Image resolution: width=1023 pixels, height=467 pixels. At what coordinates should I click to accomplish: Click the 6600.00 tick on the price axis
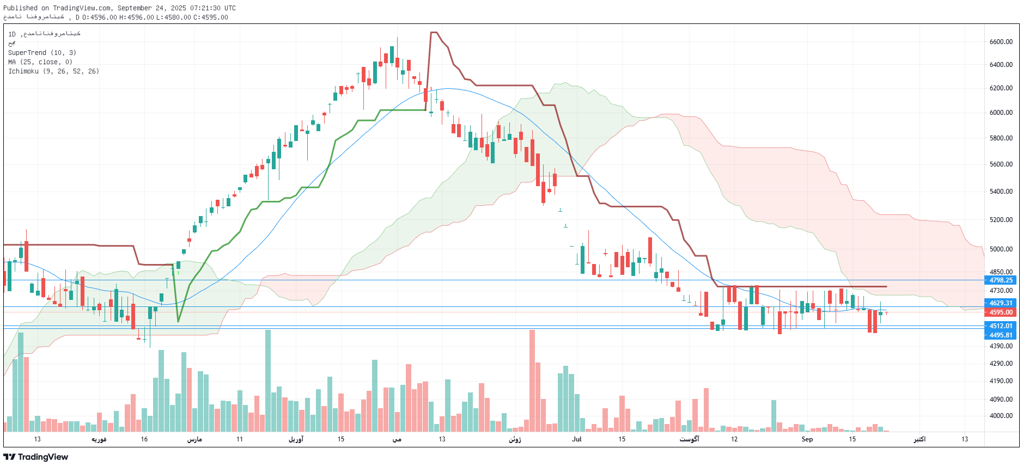click(x=1001, y=42)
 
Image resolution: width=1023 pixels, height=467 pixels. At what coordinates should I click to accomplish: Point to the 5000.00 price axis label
click(x=1001, y=249)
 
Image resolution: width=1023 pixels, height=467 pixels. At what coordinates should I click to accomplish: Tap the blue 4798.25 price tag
click(x=1001, y=280)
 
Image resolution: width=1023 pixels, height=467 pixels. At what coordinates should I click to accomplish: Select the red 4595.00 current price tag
click(x=1001, y=312)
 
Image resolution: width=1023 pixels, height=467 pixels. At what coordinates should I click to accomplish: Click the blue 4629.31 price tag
click(x=1001, y=303)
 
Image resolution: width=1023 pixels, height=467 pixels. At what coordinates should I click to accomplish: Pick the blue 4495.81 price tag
click(x=1001, y=335)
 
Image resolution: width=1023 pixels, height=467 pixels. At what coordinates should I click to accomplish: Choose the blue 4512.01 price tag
click(x=1001, y=326)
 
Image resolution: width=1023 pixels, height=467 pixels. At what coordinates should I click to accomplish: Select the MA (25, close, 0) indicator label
click(x=40, y=62)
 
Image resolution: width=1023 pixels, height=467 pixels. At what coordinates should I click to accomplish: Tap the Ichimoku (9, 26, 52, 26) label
click(x=53, y=71)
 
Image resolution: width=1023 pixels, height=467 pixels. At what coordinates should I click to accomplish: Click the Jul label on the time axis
click(x=576, y=439)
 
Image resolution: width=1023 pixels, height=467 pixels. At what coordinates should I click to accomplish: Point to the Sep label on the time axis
click(x=807, y=439)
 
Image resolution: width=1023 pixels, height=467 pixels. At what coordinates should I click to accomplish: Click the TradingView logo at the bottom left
click(x=36, y=457)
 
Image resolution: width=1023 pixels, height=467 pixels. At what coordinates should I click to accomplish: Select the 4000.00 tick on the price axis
click(x=1001, y=416)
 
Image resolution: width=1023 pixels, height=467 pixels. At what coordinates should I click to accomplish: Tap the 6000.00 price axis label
click(x=1001, y=113)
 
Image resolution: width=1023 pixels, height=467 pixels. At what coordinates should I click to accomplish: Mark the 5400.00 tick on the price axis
click(x=1001, y=192)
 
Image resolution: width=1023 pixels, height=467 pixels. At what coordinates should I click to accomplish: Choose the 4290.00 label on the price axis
click(x=1001, y=364)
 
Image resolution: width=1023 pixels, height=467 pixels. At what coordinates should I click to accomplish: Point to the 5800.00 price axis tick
click(x=1001, y=138)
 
